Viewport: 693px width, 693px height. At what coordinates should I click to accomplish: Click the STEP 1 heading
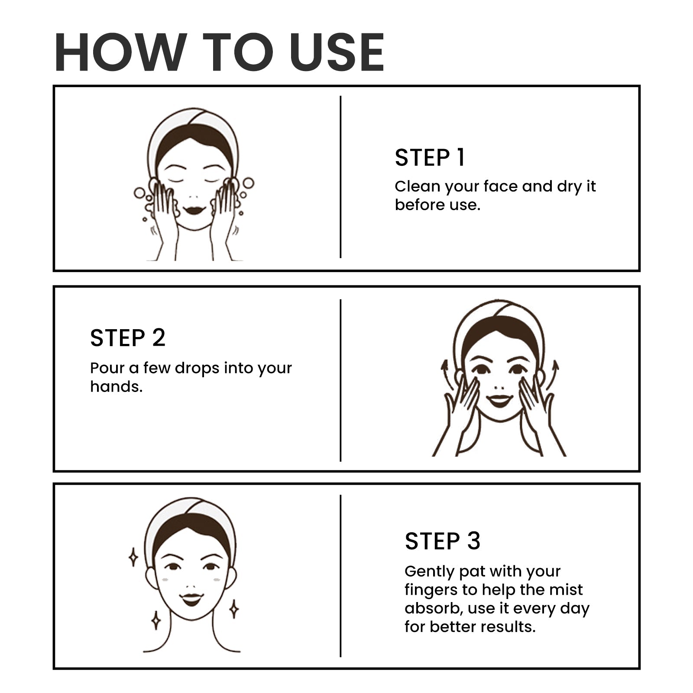click(430, 157)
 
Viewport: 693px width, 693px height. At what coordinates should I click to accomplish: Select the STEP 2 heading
click(128, 338)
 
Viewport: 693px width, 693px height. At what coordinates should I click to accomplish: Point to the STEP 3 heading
click(443, 541)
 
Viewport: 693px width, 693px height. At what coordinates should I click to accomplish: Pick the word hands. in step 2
click(117, 386)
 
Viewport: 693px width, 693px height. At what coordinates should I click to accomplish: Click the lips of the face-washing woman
click(194, 210)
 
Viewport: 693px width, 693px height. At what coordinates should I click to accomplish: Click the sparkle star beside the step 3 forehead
click(134, 557)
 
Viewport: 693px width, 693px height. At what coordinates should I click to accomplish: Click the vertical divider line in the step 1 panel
click(340, 177)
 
